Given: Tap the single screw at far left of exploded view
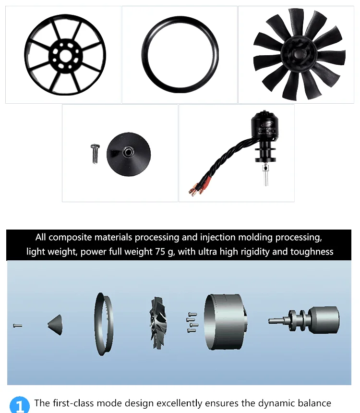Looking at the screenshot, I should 17,326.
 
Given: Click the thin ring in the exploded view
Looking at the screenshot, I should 103,324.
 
